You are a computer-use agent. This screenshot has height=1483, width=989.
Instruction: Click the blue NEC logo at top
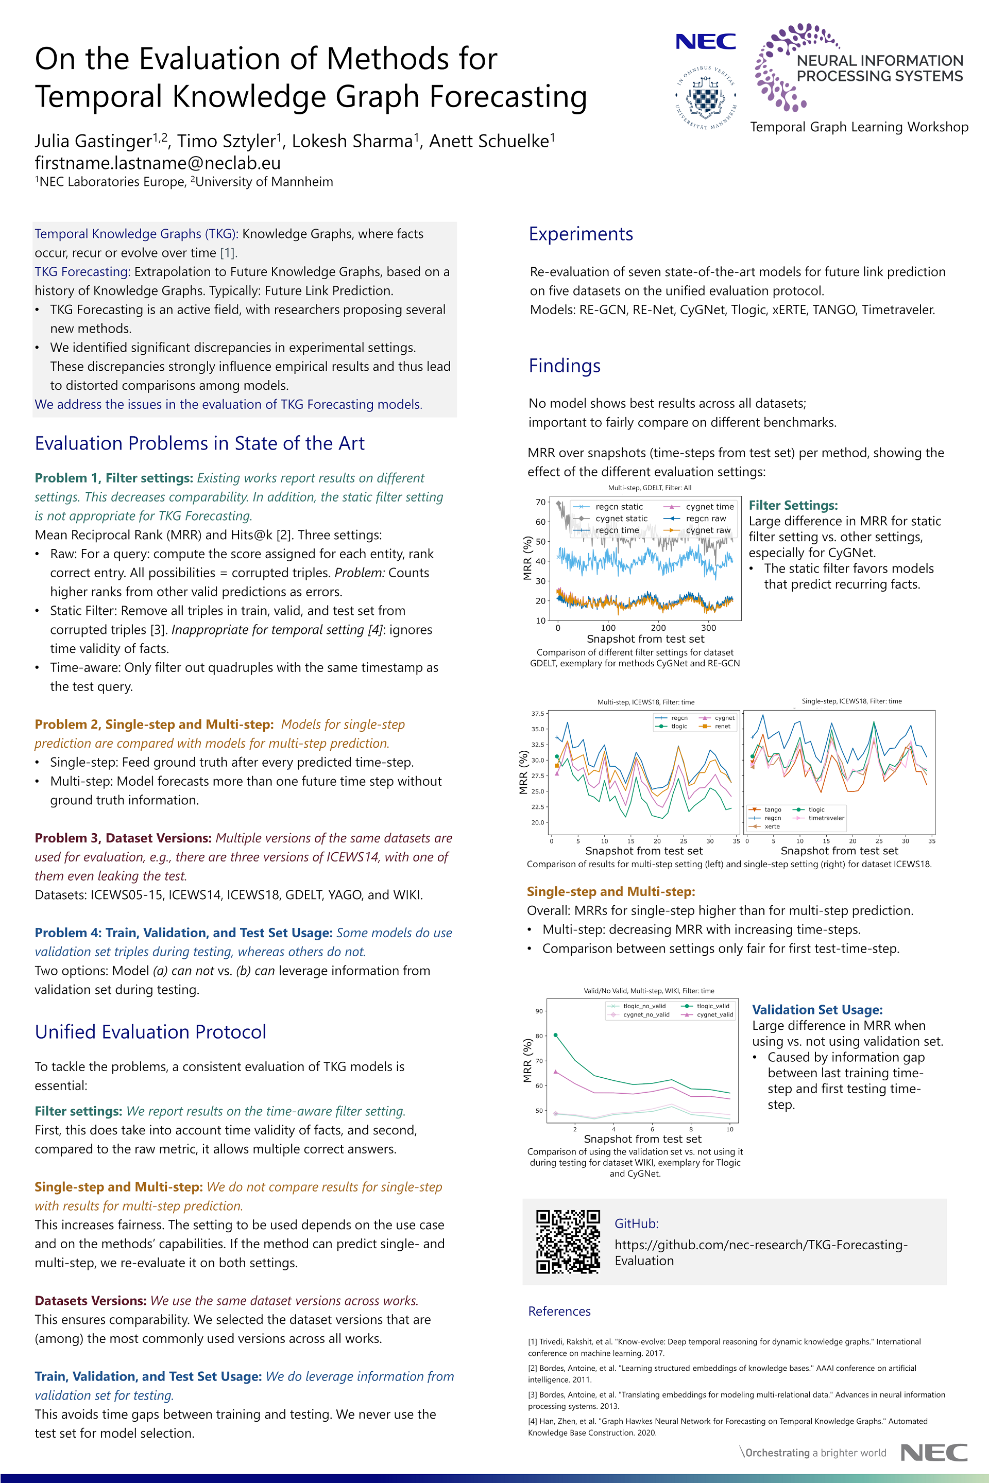point(705,42)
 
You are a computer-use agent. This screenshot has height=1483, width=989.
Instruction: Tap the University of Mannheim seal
point(706,98)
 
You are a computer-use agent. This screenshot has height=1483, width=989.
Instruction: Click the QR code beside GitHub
point(568,1241)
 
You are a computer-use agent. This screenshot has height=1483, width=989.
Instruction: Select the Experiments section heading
point(581,234)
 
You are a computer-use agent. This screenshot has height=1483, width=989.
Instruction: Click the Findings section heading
point(564,366)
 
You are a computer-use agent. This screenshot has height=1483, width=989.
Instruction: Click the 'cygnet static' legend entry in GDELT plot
point(621,519)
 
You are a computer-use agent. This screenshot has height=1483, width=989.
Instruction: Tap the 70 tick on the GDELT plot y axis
point(540,503)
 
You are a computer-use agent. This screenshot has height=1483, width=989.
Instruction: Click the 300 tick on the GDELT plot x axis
point(708,628)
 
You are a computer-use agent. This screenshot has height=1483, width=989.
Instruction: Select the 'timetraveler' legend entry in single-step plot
point(826,818)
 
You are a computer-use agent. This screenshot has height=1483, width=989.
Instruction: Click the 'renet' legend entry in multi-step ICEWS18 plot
point(722,727)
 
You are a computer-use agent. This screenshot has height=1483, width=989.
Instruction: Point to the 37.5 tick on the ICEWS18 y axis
point(537,714)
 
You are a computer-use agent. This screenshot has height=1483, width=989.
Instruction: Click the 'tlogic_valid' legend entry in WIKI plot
point(713,1006)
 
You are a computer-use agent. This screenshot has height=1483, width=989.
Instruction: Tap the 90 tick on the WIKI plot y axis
point(539,1011)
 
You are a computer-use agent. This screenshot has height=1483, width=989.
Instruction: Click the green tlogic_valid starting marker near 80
point(555,1034)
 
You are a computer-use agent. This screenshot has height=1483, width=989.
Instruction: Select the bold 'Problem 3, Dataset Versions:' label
point(123,838)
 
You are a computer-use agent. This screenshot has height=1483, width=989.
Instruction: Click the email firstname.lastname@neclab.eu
point(158,163)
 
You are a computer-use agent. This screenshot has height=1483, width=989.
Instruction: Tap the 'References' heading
point(559,1312)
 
